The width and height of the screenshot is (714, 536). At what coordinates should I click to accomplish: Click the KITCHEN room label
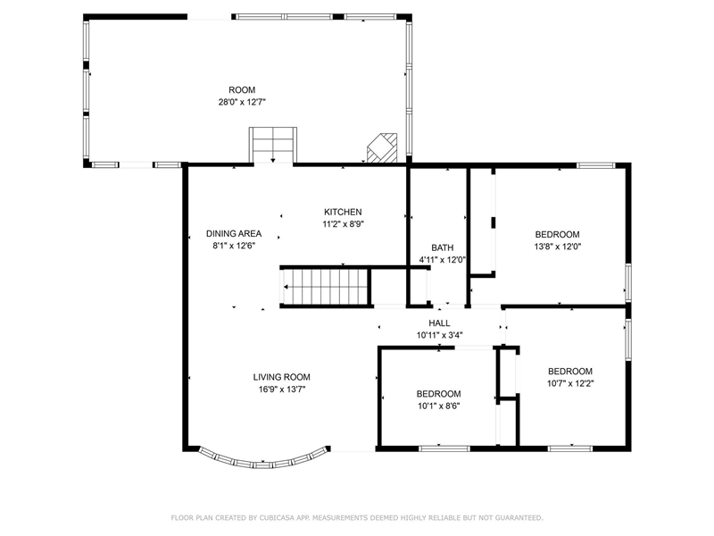coord(343,212)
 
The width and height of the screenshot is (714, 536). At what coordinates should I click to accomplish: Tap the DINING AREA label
coord(234,234)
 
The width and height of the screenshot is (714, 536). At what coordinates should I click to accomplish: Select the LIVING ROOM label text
coord(281,377)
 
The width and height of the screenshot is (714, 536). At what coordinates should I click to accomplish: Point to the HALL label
coord(439,323)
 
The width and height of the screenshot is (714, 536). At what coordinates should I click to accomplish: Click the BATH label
coord(442,247)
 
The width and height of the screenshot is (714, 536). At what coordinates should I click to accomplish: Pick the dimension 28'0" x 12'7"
coord(242,102)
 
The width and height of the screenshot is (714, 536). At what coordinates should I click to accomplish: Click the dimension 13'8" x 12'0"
coord(557,247)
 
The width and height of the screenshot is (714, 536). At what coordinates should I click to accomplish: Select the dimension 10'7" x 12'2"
coord(570,383)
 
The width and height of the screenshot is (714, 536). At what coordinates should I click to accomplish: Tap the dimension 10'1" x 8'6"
coord(439,406)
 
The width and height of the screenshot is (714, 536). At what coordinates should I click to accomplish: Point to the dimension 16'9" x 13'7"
coord(281,389)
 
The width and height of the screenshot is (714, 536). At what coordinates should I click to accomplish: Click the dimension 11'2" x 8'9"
coord(343,224)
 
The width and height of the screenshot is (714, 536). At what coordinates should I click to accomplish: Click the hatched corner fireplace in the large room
coord(383,147)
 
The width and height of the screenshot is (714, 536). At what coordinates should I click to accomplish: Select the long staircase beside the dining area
coord(325,287)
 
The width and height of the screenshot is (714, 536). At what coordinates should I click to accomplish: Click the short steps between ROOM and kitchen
coord(273,145)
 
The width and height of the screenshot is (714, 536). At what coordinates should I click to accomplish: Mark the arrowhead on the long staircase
coord(286,287)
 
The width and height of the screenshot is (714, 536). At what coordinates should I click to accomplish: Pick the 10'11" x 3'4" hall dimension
coord(439,336)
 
